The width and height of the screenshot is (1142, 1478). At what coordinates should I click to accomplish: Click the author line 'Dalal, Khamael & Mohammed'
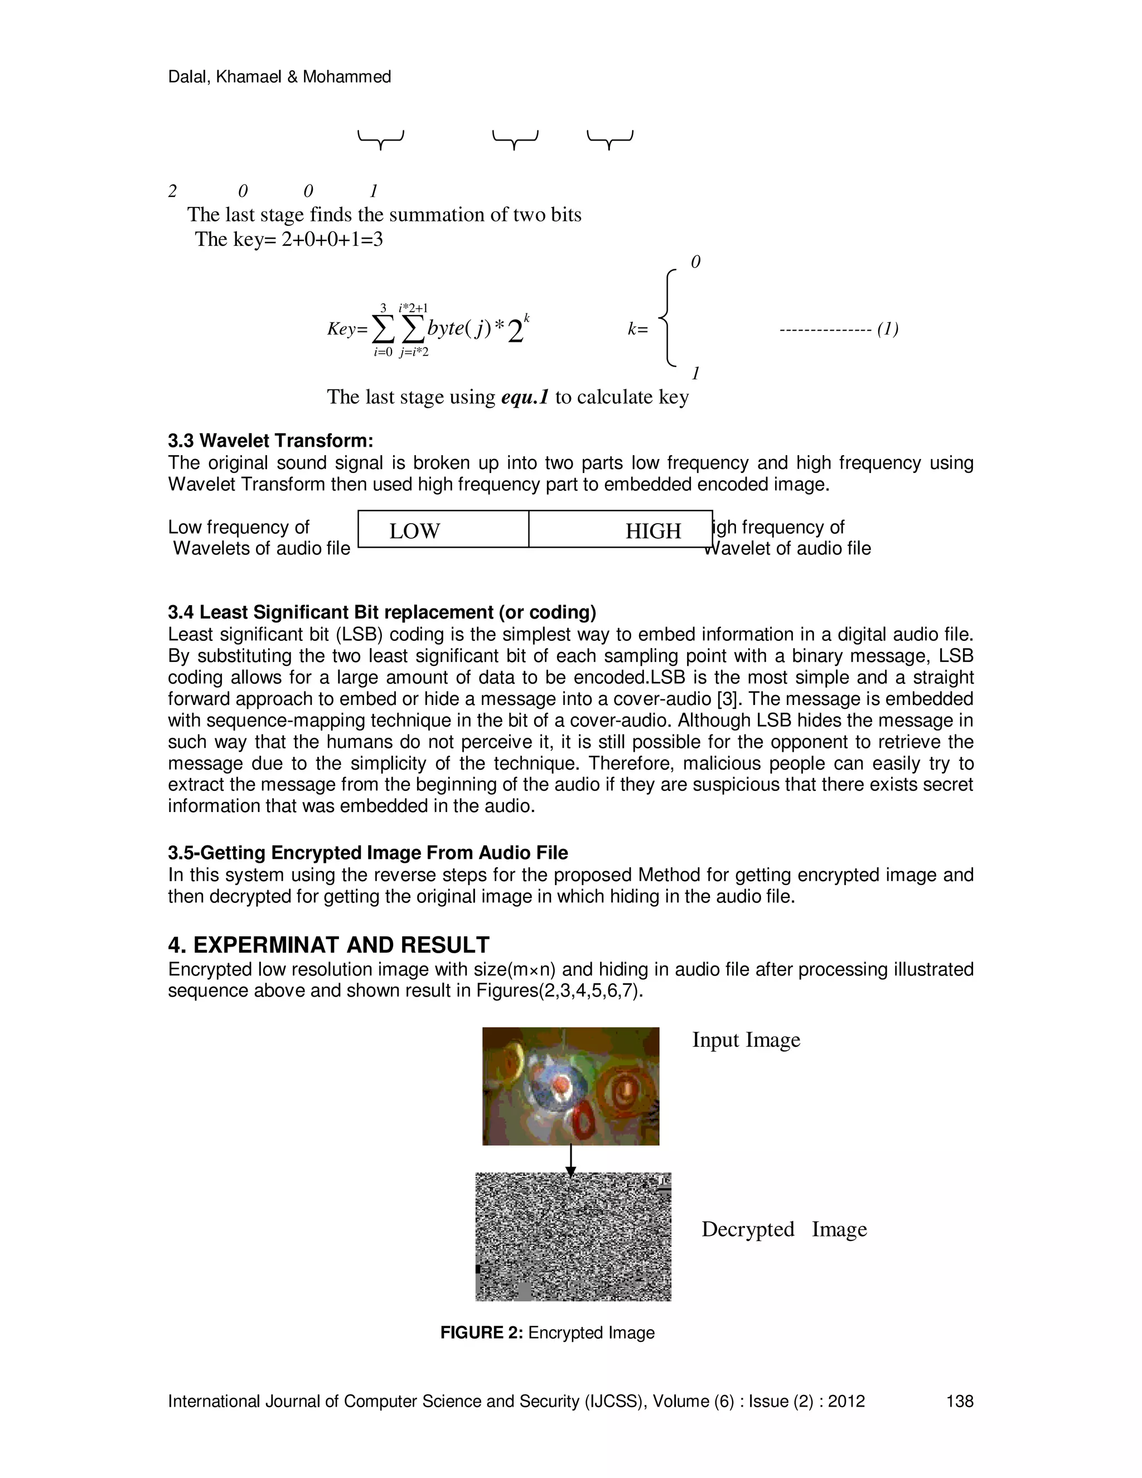(x=279, y=77)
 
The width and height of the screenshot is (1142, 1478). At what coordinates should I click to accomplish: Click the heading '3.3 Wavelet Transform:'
(x=270, y=441)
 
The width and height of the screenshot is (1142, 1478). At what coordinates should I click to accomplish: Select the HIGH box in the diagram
(x=621, y=529)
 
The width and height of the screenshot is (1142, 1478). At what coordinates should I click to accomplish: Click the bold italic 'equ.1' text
(x=524, y=397)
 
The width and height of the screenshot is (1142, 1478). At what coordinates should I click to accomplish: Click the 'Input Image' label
(x=746, y=1040)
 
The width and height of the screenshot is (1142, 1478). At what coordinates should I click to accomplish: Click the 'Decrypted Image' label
(x=783, y=1229)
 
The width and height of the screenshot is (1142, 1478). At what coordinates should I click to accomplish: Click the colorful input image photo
(x=570, y=1085)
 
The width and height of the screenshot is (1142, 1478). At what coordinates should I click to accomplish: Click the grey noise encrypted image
(x=573, y=1237)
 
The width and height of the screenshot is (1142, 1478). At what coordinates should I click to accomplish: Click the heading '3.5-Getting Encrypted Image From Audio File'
(x=367, y=853)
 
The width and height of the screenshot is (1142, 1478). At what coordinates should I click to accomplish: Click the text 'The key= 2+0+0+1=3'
(x=288, y=239)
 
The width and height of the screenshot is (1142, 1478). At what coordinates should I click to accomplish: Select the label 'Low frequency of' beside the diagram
(x=238, y=527)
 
